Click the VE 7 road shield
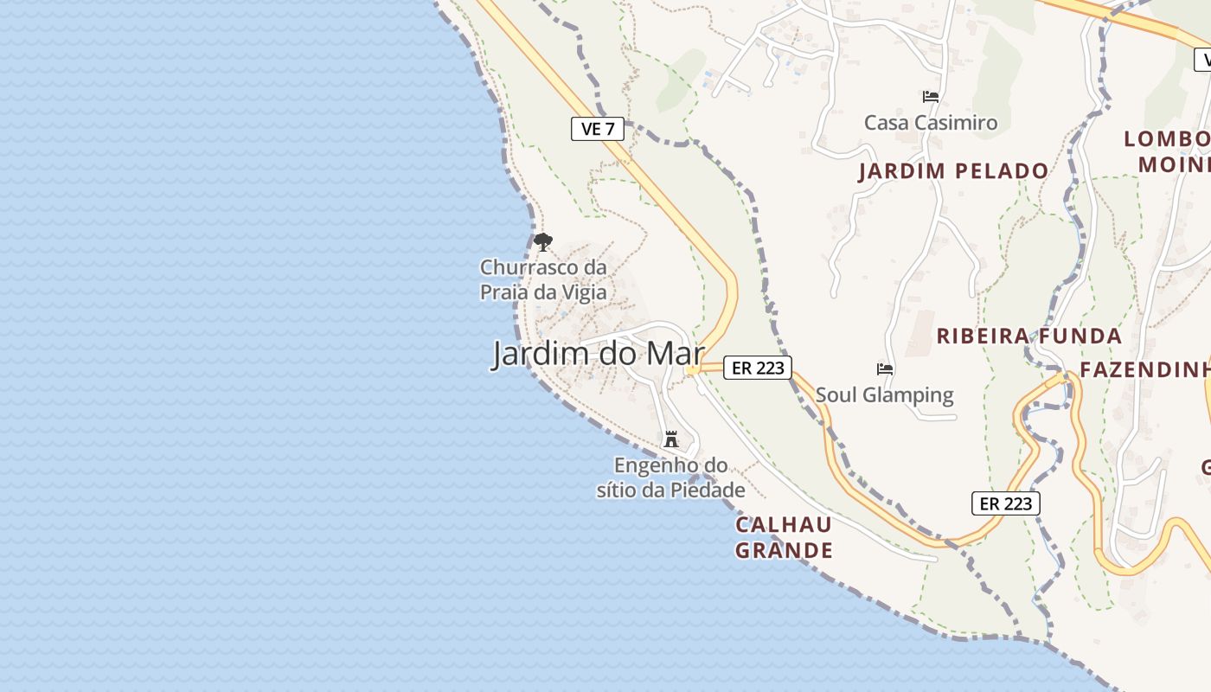click(x=598, y=130)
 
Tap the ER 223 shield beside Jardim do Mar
click(x=758, y=368)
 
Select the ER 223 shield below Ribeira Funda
click(x=1005, y=503)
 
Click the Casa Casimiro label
click(x=931, y=123)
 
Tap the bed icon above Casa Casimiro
click(x=931, y=96)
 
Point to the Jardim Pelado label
click(x=953, y=171)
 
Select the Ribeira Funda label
click(x=1029, y=336)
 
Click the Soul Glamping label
click(x=885, y=395)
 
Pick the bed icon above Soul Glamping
click(x=884, y=369)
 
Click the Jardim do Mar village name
click(x=599, y=355)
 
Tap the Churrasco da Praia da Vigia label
click(x=543, y=280)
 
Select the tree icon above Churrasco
click(x=542, y=241)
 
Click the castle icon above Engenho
click(x=670, y=439)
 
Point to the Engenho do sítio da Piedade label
click(x=670, y=478)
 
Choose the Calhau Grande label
click(x=784, y=537)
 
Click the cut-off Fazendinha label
click(x=1144, y=370)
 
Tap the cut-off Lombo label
click(x=1166, y=139)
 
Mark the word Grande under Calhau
click(x=784, y=550)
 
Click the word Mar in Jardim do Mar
click(x=672, y=355)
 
